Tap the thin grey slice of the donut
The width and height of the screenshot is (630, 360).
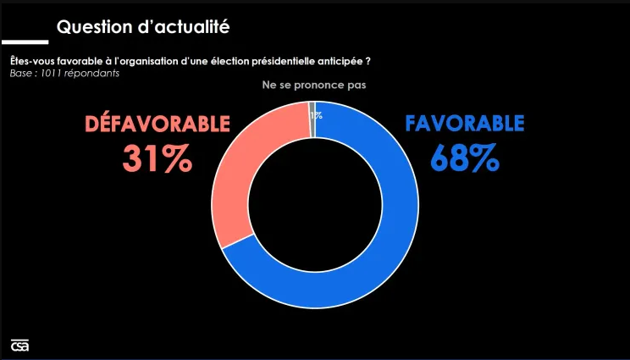[312, 119]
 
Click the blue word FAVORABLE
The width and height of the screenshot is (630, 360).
[465, 124]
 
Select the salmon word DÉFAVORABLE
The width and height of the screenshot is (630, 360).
[157, 124]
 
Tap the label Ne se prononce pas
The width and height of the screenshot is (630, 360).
[313, 86]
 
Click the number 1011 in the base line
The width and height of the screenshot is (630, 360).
[47, 73]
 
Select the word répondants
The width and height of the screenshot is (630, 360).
[90, 73]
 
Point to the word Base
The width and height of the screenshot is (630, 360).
[20, 73]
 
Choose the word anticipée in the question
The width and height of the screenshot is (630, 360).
[340, 61]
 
